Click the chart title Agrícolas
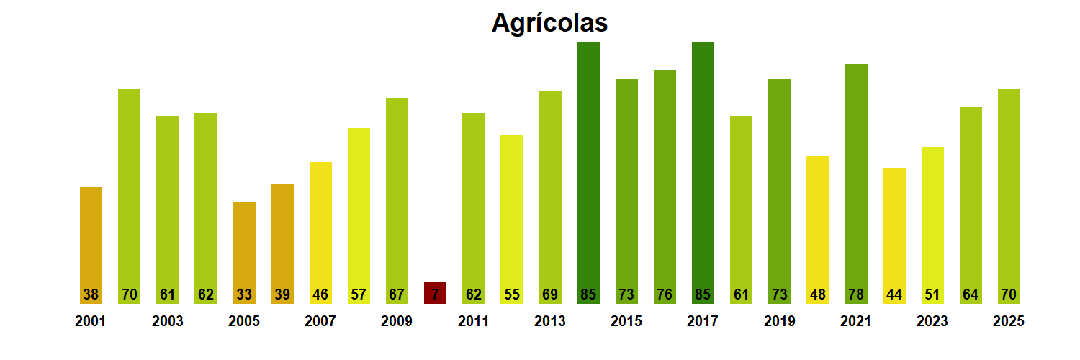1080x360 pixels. (549, 23)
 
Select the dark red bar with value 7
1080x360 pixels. (435, 292)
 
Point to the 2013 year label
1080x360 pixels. (549, 321)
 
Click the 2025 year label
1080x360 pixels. (1008, 321)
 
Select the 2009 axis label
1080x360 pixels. (397, 321)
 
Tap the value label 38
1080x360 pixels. (91, 294)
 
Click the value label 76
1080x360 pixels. (665, 294)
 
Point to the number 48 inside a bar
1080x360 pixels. (817, 294)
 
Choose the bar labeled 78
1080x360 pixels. (855, 180)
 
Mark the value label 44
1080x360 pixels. (894, 294)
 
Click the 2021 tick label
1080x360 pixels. (855, 321)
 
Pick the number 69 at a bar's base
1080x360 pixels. (549, 294)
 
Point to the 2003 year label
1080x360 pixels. (167, 321)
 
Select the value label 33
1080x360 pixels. (243, 294)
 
